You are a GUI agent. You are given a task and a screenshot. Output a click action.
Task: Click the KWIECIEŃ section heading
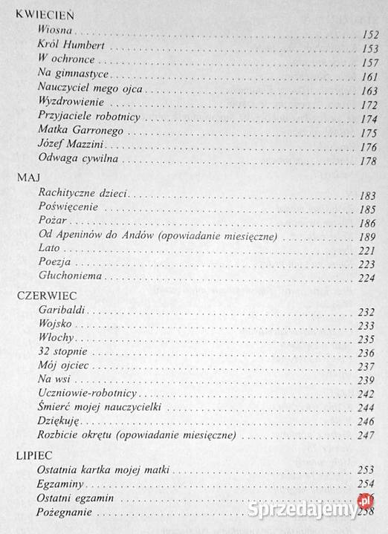[x=45, y=13]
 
